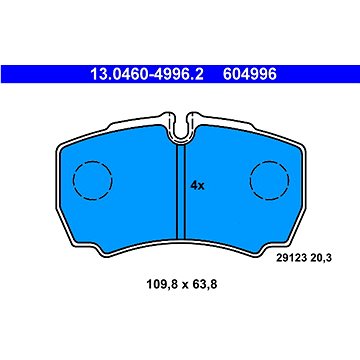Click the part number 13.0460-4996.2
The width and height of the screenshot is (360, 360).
point(147,74)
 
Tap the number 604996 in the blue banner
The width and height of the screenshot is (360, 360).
point(250,74)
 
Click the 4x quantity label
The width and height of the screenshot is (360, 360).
point(197,186)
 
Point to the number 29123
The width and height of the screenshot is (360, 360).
point(290,258)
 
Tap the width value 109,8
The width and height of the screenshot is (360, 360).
point(160,284)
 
